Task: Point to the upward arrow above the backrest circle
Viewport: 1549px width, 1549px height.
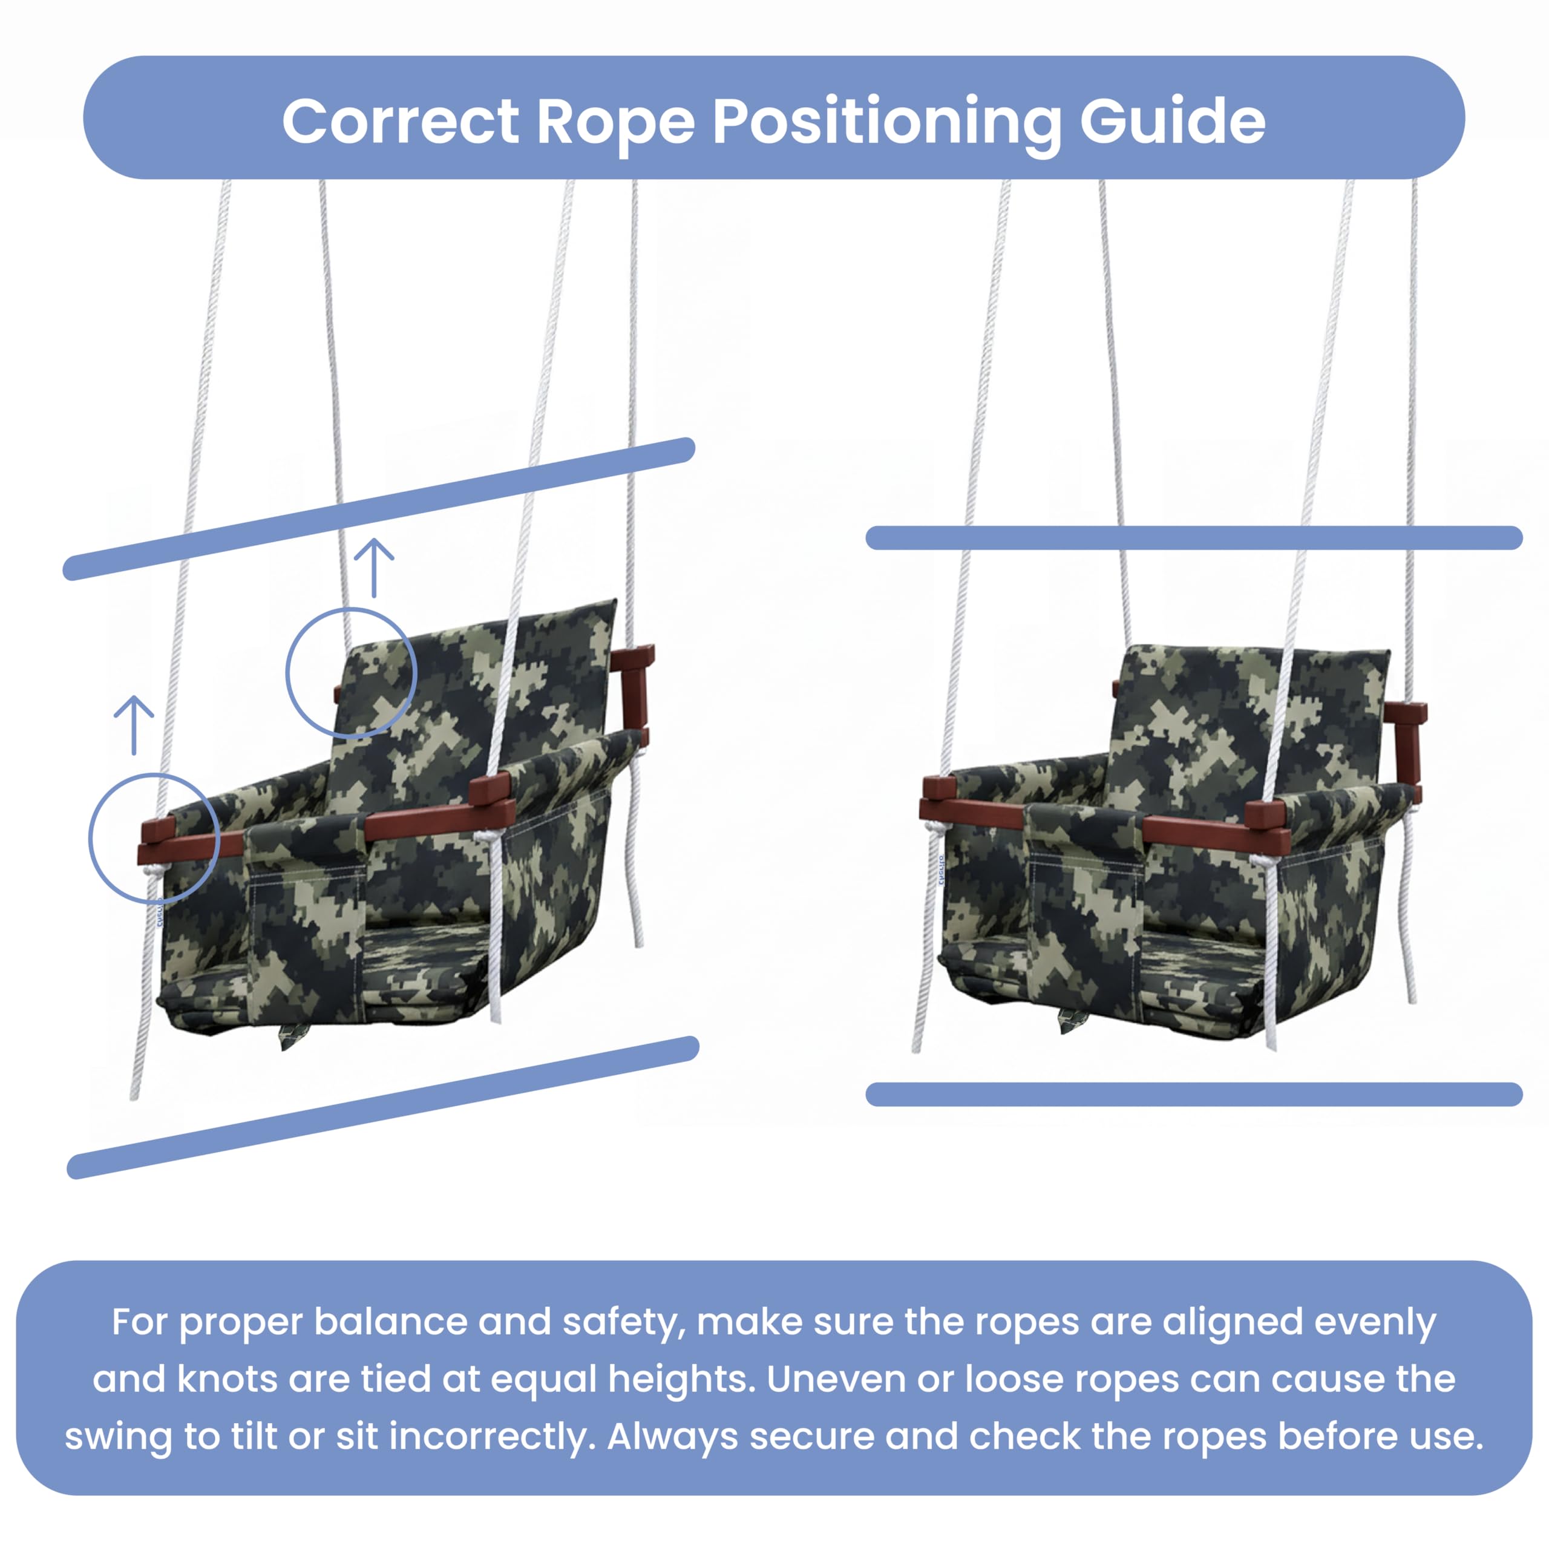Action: (x=373, y=568)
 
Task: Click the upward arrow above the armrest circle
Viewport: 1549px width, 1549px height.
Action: (x=134, y=725)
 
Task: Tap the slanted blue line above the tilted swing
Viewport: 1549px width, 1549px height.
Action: (x=378, y=509)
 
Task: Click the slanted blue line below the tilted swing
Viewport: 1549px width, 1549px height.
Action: (x=383, y=1108)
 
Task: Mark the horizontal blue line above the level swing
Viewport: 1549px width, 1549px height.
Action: (x=1194, y=538)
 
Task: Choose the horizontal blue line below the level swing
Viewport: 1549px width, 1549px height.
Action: (x=1194, y=1095)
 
